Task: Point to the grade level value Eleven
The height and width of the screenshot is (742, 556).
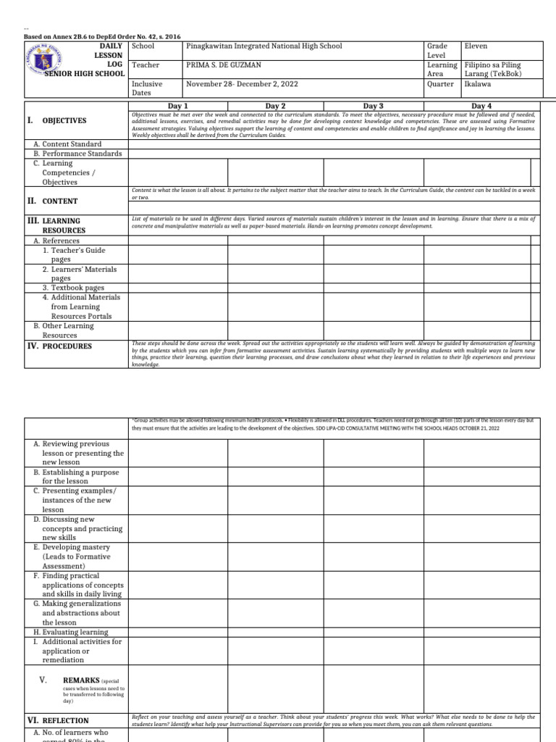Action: [476, 46]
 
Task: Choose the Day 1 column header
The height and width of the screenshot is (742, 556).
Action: [177, 106]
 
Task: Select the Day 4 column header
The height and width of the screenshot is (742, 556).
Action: [481, 106]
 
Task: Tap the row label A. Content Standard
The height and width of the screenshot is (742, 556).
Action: [67, 144]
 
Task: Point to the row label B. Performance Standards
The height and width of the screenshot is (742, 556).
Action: [77, 154]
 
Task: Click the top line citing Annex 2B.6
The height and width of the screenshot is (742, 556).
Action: [103, 36]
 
